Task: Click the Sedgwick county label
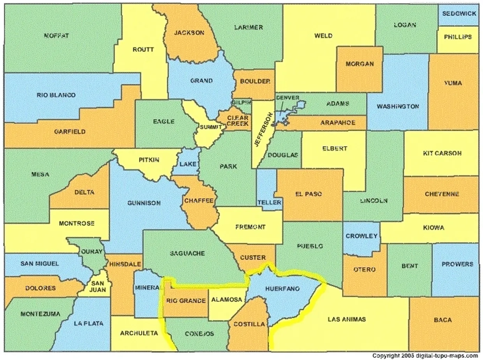(460, 13)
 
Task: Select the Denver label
(287, 97)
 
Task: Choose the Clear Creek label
(238, 121)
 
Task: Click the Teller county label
(269, 203)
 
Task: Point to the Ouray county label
(92, 252)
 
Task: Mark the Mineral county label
(147, 288)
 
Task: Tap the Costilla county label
(249, 324)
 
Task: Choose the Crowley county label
(361, 236)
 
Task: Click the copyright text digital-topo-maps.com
(425, 356)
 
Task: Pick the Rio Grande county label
(186, 301)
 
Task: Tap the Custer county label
(253, 258)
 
